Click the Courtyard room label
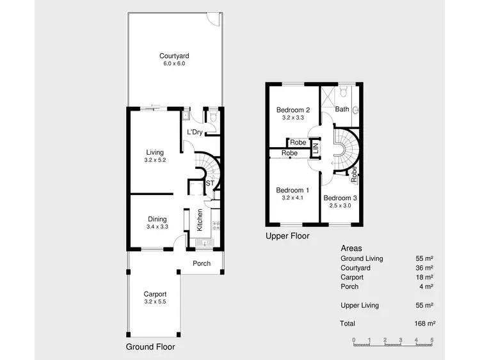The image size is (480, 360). pyautogui.click(x=174, y=56)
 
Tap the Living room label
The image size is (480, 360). pyautogui.click(x=155, y=152)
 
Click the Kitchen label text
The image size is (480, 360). pyautogui.click(x=200, y=220)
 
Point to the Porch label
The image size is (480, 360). pyautogui.click(x=202, y=263)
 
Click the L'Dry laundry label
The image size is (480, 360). pyautogui.click(x=195, y=132)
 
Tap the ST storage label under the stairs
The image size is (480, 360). pyautogui.click(x=209, y=184)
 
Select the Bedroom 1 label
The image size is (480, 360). pyautogui.click(x=292, y=191)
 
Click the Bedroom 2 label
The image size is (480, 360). pyautogui.click(x=292, y=110)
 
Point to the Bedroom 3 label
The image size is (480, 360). pyautogui.click(x=339, y=198)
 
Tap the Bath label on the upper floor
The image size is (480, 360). pyautogui.click(x=342, y=109)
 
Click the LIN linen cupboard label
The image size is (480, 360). pyautogui.click(x=315, y=148)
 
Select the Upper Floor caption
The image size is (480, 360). pyautogui.click(x=287, y=236)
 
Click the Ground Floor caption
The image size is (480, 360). pyautogui.click(x=150, y=347)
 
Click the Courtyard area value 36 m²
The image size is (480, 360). pyautogui.click(x=424, y=268)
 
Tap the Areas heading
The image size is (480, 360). pyautogui.click(x=351, y=248)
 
